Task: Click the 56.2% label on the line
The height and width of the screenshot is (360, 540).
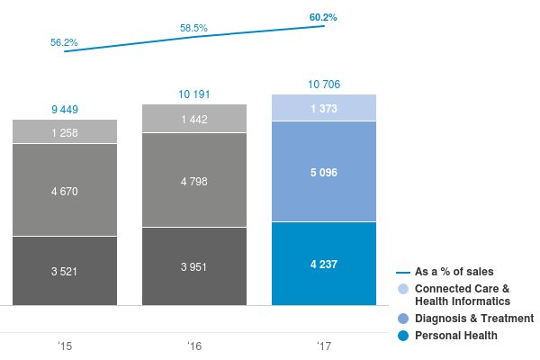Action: [64, 42]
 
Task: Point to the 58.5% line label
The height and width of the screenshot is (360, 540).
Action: [193, 29]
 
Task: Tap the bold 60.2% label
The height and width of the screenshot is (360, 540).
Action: [323, 16]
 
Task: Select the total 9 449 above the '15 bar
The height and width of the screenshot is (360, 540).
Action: [65, 110]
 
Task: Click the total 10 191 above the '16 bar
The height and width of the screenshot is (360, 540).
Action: [194, 94]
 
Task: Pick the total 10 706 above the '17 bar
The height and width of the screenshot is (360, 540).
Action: [324, 85]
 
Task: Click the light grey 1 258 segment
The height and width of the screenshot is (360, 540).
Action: [65, 132]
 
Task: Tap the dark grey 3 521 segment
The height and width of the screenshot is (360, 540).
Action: [65, 270]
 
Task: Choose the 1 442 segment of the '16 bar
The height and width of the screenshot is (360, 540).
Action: [194, 119]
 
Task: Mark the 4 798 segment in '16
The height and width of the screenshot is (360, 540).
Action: [194, 180]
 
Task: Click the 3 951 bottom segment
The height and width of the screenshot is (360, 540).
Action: [194, 265]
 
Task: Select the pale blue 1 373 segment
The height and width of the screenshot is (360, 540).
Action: [324, 108]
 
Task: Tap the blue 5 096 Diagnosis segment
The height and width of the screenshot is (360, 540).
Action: [324, 171]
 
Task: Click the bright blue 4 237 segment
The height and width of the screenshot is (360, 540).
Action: [324, 263]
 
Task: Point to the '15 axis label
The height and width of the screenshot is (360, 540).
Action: [65, 346]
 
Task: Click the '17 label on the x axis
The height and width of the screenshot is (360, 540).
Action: [324, 346]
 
